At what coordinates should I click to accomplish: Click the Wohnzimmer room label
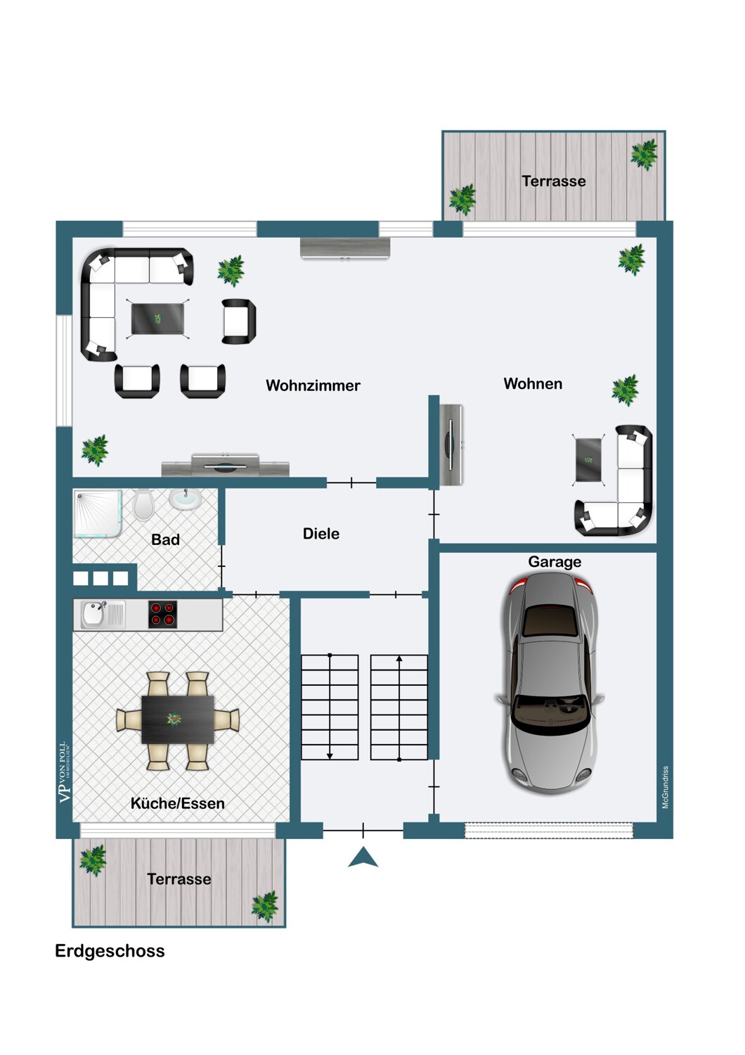coord(313,385)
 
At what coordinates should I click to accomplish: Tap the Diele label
coord(321,534)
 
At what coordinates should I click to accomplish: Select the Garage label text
coord(555,562)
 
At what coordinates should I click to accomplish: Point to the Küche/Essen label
coord(177,803)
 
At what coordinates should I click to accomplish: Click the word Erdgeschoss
coord(110,951)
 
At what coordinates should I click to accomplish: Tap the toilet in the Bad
coord(143,504)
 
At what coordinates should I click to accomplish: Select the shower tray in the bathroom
coord(98,513)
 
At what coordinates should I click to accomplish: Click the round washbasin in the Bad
coord(185,499)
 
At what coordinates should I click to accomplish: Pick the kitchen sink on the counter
coord(103,615)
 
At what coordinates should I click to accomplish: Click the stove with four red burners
coord(163,614)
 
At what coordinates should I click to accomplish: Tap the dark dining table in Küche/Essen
coord(178,720)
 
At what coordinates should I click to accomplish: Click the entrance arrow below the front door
coord(363,857)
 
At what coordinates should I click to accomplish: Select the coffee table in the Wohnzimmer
coord(157,319)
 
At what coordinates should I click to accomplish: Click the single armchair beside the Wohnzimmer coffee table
coord(239,321)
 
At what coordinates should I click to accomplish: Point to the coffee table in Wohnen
coord(588,460)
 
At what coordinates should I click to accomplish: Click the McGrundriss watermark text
coord(665,788)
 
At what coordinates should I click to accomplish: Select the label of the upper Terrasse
coord(554,181)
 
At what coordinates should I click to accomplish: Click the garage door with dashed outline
coord(549,831)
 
